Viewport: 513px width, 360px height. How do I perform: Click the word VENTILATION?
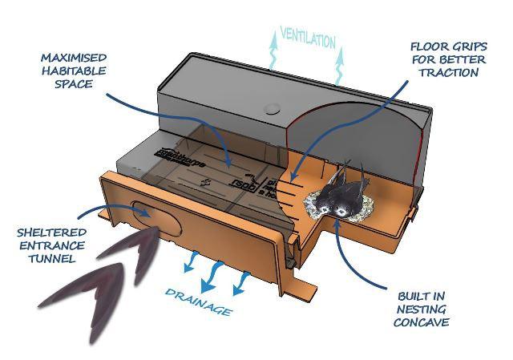tap(307, 38)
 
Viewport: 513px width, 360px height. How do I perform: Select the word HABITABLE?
tap(73, 71)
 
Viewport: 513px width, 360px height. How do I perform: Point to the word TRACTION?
tap(448, 72)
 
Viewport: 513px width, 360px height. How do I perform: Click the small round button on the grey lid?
tap(272, 107)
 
